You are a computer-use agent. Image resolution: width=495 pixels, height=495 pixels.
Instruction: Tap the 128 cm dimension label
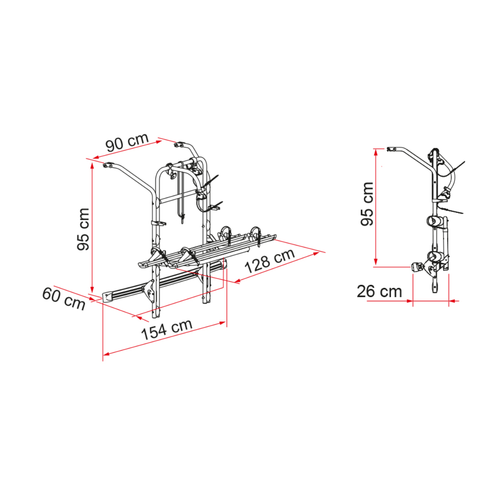tap(270, 260)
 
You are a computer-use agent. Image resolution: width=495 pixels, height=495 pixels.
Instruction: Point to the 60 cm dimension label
tap(64, 299)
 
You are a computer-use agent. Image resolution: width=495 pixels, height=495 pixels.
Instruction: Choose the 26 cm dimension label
tap(379, 292)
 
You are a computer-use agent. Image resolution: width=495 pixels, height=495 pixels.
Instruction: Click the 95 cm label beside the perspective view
tap(83, 229)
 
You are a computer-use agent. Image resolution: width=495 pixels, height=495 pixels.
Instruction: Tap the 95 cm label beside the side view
tap(367, 204)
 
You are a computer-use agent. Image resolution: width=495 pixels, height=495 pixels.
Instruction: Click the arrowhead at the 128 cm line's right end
tap(316, 254)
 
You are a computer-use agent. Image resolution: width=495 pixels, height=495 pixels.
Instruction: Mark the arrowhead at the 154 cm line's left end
tap(106, 354)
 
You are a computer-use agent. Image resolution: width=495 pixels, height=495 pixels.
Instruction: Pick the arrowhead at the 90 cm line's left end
tap(96, 157)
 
